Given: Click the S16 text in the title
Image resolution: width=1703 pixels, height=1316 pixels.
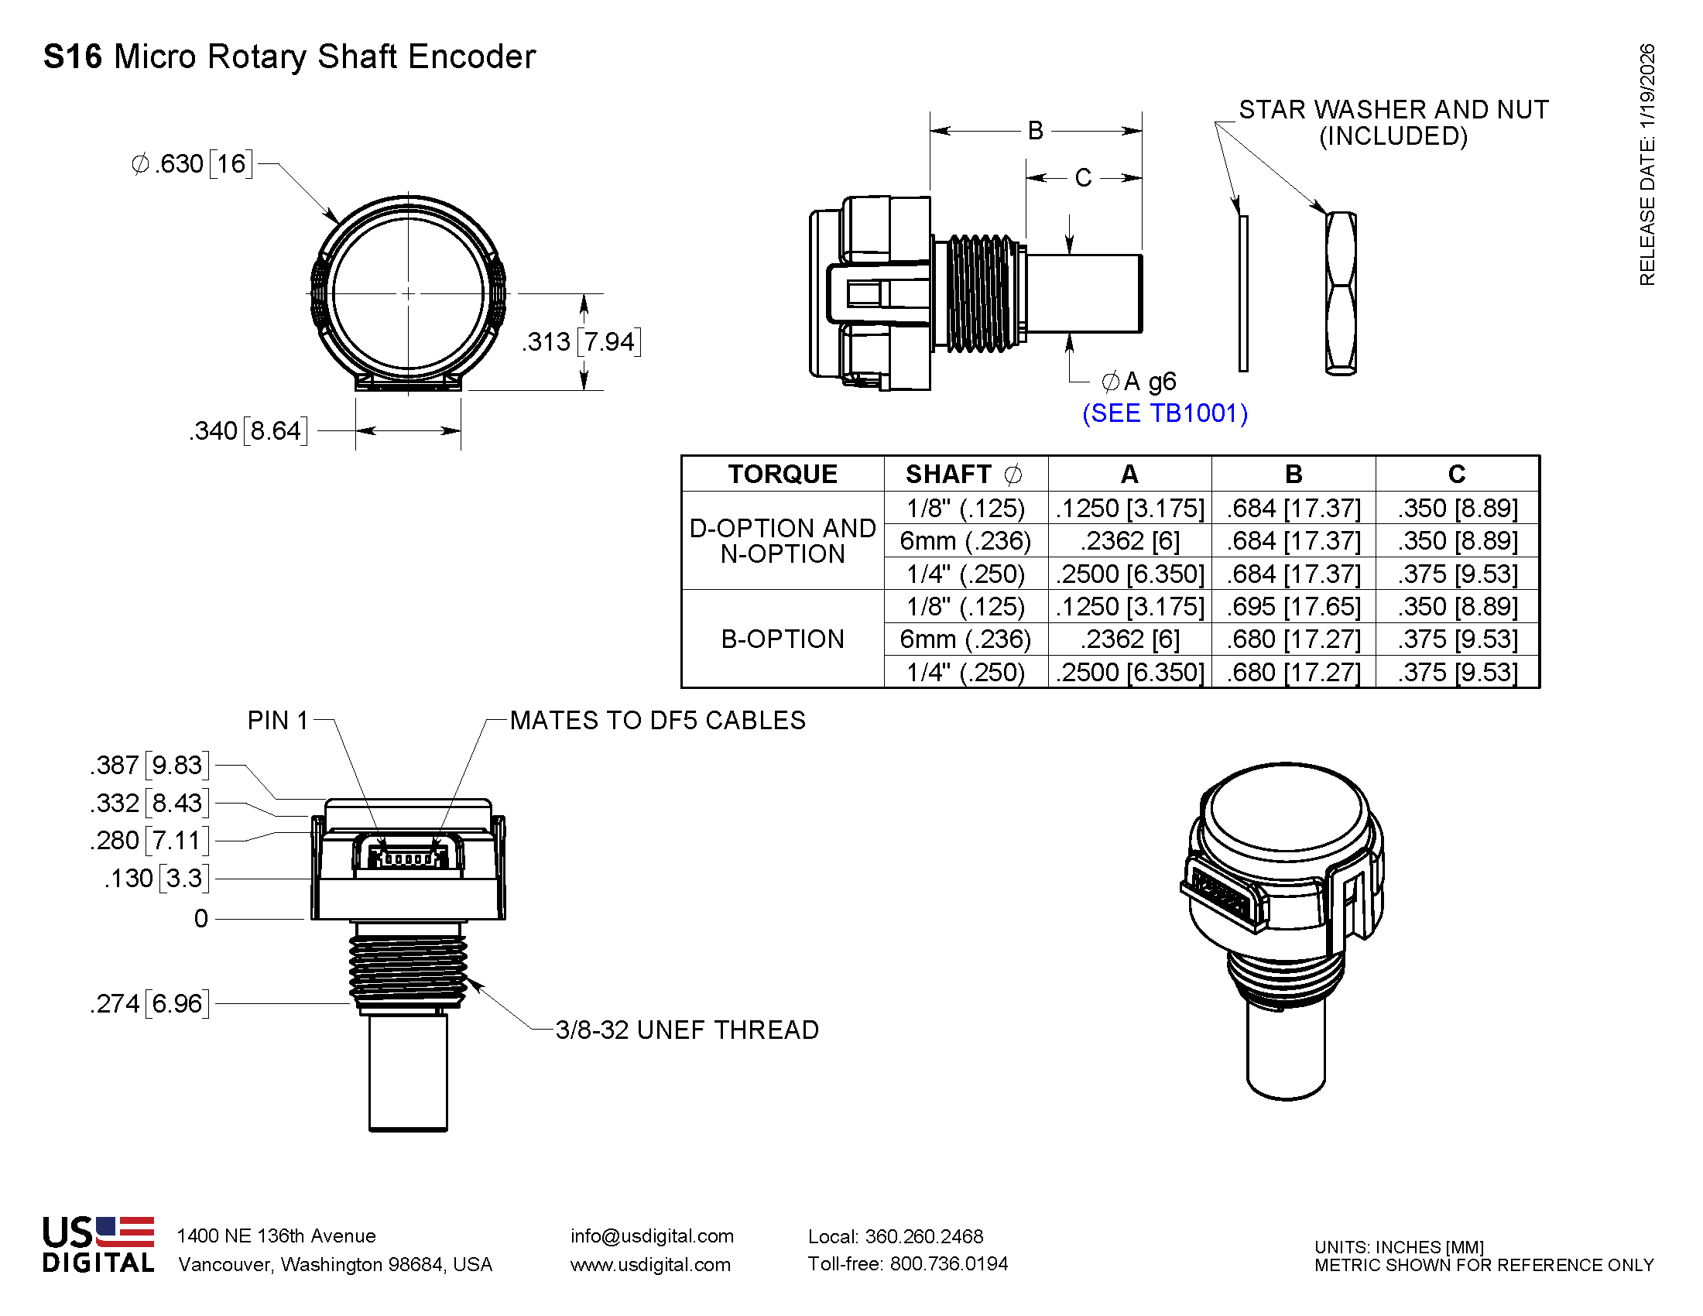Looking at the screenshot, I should tap(72, 57).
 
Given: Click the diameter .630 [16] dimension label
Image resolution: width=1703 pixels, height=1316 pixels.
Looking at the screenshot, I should tap(192, 164).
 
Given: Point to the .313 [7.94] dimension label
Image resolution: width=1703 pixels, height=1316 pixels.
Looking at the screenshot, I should tap(581, 341).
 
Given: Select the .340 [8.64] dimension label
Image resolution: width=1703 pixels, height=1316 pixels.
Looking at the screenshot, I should tap(248, 430).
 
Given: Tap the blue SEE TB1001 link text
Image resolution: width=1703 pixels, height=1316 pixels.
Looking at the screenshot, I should tap(1165, 413).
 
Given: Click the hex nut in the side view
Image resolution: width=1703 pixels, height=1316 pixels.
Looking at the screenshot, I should tap(1341, 293).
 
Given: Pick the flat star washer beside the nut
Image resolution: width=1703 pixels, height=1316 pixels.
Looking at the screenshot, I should tap(1243, 293).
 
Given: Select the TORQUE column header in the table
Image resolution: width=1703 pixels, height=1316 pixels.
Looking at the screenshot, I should tap(782, 474).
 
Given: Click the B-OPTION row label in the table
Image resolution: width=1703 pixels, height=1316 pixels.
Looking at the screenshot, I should tap(782, 639).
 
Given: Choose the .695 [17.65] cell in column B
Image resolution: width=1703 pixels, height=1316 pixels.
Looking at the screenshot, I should tap(1293, 607).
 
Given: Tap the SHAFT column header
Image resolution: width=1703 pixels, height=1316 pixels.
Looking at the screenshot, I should tap(964, 474).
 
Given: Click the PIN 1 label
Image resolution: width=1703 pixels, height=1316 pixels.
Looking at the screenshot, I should tap(278, 721).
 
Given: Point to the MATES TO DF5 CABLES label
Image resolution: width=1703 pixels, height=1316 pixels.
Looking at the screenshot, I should tap(657, 721).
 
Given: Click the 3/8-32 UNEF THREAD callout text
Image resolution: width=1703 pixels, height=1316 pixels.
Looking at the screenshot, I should tap(687, 1030).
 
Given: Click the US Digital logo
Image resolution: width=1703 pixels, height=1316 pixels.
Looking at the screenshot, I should tap(98, 1245).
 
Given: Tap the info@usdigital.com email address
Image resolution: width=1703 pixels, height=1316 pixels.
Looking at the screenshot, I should tap(652, 1235).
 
